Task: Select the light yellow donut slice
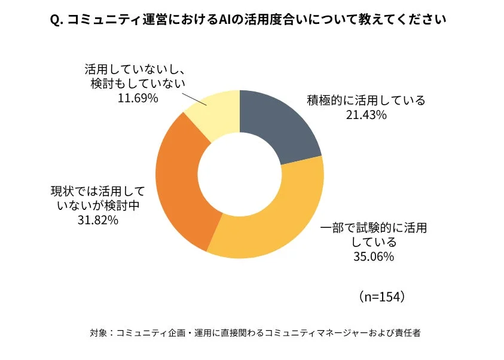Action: pyautogui.click(x=215, y=114)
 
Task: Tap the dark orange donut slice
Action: pyautogui.click(x=179, y=179)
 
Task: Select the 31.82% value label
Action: pyautogui.click(x=97, y=220)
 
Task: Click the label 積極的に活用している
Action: pyautogui.click(x=366, y=100)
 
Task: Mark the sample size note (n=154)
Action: pyautogui.click(x=383, y=296)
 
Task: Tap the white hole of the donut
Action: pyautogui.click(x=239, y=175)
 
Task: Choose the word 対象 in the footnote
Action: pyautogui.click(x=97, y=333)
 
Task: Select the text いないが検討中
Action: pyautogui.click(x=97, y=206)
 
